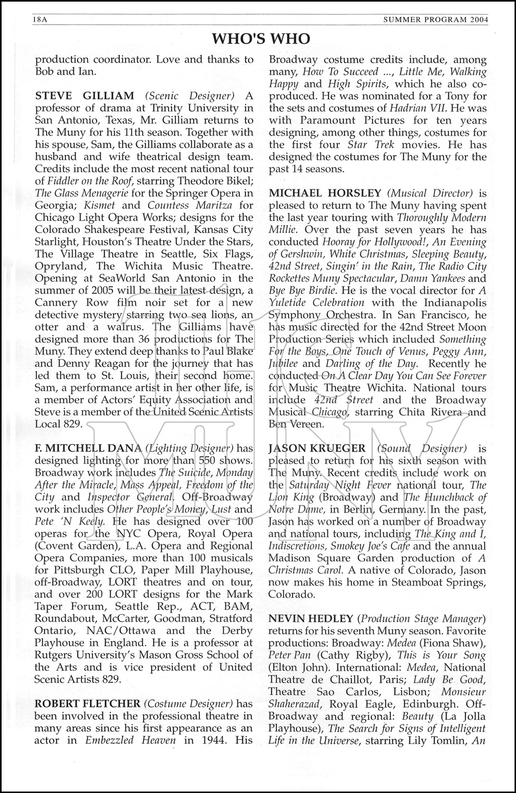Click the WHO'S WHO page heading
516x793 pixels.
[x=261, y=39]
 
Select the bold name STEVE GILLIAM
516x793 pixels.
[x=85, y=96]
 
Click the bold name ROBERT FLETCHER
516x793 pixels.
[x=88, y=704]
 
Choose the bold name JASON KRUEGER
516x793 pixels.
[x=317, y=448]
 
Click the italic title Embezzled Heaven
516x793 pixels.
[x=130, y=740]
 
